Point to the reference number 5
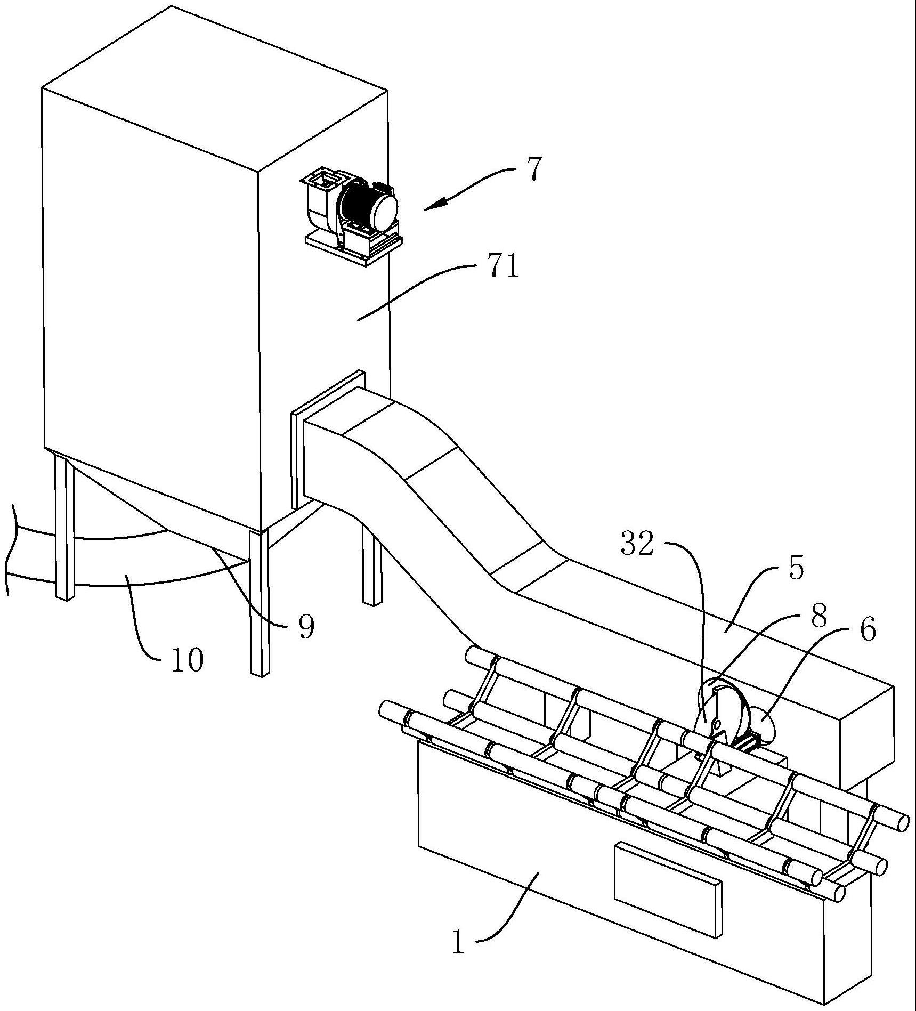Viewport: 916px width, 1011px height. [x=795, y=568]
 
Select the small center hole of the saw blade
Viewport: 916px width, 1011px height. [x=717, y=723]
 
